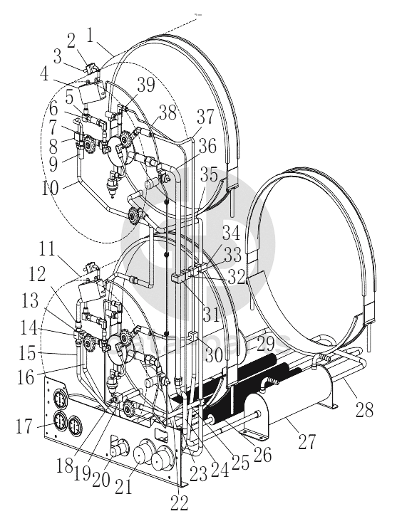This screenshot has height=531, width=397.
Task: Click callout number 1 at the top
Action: pyautogui.click(x=90, y=36)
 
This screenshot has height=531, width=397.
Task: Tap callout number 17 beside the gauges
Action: pyautogui.click(x=24, y=426)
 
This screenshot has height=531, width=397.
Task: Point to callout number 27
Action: pyautogui.click(x=307, y=441)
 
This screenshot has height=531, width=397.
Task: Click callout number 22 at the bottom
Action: pyautogui.click(x=179, y=503)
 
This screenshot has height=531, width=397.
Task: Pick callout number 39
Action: pyautogui.click(x=146, y=84)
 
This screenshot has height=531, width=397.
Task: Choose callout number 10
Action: pyautogui.click(x=50, y=187)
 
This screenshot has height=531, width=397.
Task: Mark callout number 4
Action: pyautogui.click(x=44, y=75)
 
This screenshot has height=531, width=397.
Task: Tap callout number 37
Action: pyautogui.click(x=205, y=117)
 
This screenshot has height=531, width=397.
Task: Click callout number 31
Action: pyautogui.click(x=212, y=315)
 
